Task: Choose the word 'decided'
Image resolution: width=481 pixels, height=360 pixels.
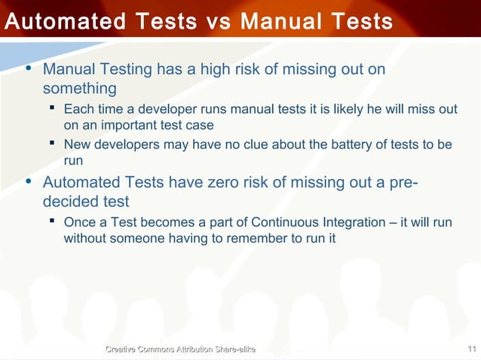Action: click(72, 202)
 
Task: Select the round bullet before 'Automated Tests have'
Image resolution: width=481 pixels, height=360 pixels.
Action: click(29, 182)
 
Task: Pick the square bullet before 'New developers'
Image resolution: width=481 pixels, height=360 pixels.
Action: click(52, 144)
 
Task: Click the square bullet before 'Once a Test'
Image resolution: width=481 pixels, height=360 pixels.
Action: click(52, 223)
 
